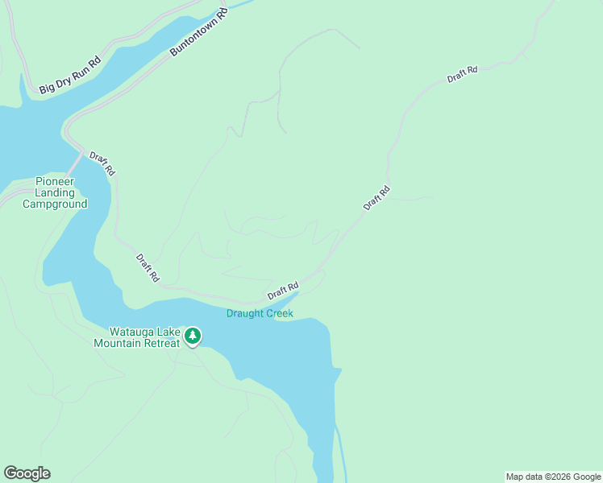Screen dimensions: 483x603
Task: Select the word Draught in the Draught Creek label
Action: pos(243,313)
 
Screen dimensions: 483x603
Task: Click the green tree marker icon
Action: pos(192,336)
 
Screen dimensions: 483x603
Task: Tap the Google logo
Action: pos(27,473)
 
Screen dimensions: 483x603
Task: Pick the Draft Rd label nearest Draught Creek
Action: pos(283,291)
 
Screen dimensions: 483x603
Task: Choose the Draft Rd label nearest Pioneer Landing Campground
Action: pos(102,163)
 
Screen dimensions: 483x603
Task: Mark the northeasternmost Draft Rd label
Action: pos(463,74)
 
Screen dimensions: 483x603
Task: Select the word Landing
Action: pos(55,193)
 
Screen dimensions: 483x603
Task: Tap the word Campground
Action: pos(55,204)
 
